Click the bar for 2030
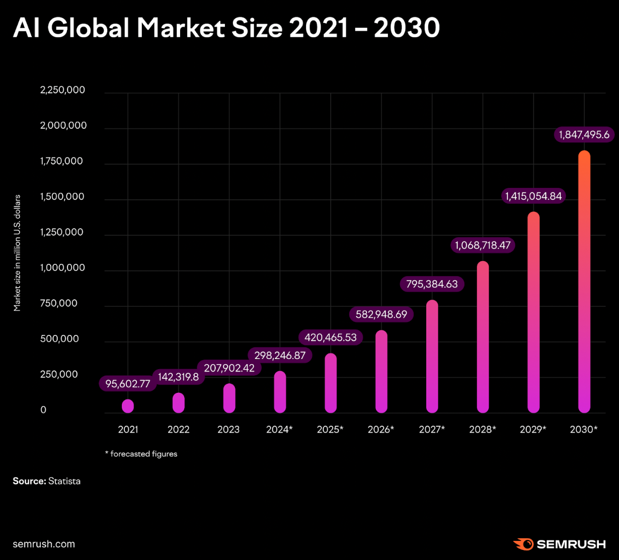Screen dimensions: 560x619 click(584, 282)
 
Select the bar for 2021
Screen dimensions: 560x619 click(128, 406)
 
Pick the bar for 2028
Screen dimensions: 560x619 click(483, 337)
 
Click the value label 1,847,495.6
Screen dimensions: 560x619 click(584, 134)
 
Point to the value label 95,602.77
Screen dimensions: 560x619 click(128, 384)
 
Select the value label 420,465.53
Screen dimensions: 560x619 click(331, 337)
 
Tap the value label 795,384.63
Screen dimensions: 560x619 click(432, 284)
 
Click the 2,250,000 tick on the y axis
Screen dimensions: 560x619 click(62, 90)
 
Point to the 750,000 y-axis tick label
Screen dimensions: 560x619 click(59, 303)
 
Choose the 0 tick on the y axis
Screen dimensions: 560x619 click(43, 410)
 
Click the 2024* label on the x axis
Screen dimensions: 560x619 click(279, 430)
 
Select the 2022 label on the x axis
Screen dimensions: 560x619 click(178, 430)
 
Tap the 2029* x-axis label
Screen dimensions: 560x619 click(533, 430)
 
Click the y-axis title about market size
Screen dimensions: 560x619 click(18, 253)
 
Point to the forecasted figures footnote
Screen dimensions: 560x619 click(141, 454)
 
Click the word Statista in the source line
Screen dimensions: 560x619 click(64, 481)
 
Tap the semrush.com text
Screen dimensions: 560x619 click(44, 544)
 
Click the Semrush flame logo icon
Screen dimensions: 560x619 click(523, 544)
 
